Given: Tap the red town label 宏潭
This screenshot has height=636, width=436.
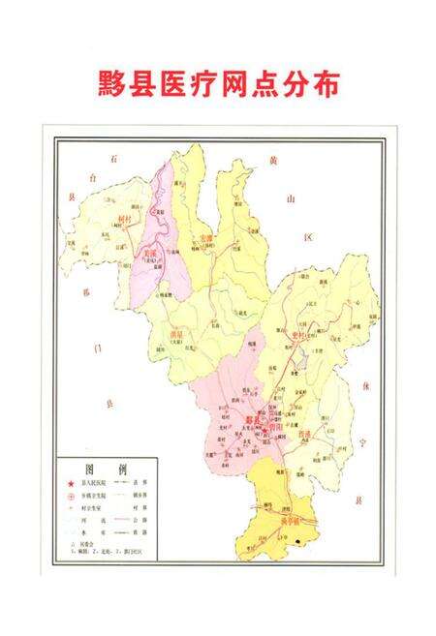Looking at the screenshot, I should click(x=205, y=237).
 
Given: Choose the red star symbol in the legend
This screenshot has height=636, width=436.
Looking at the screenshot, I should click(x=70, y=481).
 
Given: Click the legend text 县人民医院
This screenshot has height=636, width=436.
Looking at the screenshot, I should click(x=100, y=481).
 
